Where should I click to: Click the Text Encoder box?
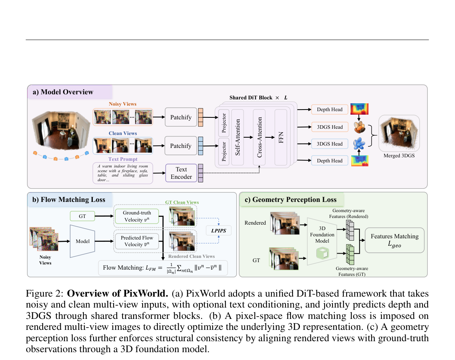coord(181,173)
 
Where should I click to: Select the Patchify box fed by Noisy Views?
coord(181,117)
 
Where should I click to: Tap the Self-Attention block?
coord(238,137)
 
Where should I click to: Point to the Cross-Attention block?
coord(260,137)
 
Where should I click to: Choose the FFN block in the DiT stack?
coord(281,137)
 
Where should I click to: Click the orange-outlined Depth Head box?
coord(330,109)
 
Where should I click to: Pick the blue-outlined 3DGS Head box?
coord(330,144)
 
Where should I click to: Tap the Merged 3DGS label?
coord(399,156)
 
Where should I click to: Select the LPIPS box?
coord(218,230)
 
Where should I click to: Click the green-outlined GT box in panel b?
coord(82,216)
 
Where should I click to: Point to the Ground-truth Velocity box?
coord(137,216)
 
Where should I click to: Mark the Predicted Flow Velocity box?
coord(137,241)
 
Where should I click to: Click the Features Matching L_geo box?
coord(395,240)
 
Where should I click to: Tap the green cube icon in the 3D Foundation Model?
coord(322,253)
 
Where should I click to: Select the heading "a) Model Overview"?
coord(63,92)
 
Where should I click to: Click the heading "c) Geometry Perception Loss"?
coord(291,200)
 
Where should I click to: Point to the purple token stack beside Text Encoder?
coord(200,173)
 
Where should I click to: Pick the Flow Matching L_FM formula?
coord(162,268)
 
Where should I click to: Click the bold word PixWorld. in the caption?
coord(146,293)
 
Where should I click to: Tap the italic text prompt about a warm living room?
coord(123,173)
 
